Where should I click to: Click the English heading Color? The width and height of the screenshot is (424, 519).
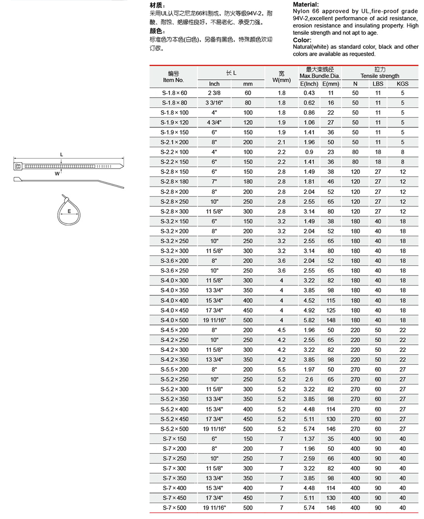[x=302, y=40]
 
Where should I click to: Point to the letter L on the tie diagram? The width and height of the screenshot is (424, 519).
[x=61, y=155]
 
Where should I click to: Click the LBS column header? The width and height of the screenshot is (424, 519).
[x=378, y=84]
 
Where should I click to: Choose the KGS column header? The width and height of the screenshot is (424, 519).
[x=402, y=84]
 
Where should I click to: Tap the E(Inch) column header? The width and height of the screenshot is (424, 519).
[x=309, y=84]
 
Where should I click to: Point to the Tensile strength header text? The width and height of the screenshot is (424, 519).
[x=380, y=76]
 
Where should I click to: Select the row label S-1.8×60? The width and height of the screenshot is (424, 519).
[x=174, y=93]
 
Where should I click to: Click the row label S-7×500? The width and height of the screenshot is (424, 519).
[x=174, y=508]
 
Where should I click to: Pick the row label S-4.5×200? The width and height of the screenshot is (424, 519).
[x=174, y=330]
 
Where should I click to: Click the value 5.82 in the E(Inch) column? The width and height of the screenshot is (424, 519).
[x=309, y=320]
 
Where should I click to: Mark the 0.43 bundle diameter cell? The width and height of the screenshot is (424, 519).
[x=309, y=93]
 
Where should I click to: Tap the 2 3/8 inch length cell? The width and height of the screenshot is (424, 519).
[x=214, y=93]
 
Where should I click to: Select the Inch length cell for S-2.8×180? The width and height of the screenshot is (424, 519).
[x=214, y=182]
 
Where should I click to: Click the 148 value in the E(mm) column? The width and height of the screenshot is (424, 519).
[x=331, y=320]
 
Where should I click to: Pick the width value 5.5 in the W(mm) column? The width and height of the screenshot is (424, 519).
[x=282, y=369]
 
